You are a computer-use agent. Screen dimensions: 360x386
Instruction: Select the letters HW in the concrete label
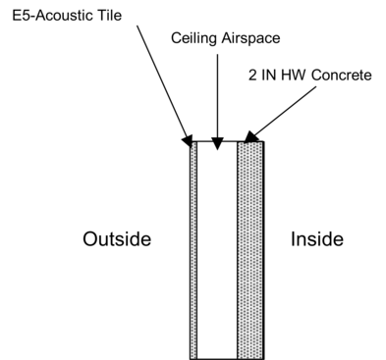click(291, 75)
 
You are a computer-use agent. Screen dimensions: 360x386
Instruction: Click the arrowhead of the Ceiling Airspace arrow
click(217, 139)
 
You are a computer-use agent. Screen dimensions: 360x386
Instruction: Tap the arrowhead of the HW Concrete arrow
click(251, 137)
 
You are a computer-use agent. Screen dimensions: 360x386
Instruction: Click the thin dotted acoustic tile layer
click(193, 250)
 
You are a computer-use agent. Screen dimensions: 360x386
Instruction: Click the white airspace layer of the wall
click(217, 250)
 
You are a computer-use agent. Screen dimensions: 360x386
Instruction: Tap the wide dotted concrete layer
click(250, 250)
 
